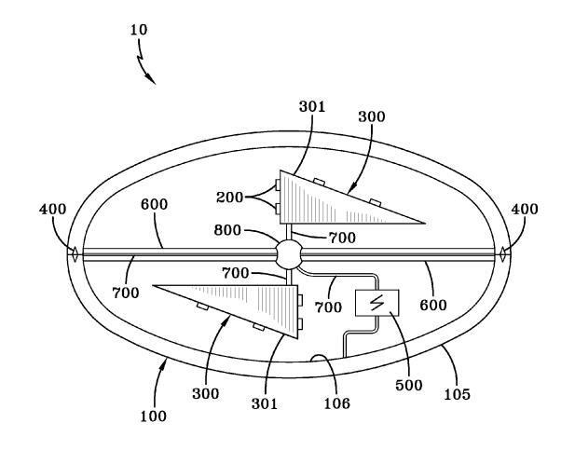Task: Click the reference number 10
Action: coord(139,30)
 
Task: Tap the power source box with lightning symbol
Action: coord(377,303)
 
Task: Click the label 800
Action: coord(227,230)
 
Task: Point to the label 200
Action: coord(229,198)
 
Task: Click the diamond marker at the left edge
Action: coord(75,254)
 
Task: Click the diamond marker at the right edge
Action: coord(502,254)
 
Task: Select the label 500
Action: coord(409,385)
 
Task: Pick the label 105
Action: coord(457,394)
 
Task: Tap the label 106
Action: coord(337,403)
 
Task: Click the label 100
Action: coord(153,416)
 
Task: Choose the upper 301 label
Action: coord(312,106)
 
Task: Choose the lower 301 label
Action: coord(265,403)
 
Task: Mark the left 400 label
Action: coord(53,210)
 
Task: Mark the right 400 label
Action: coord(525,210)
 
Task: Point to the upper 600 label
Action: coord(155,204)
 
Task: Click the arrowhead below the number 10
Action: coord(150,78)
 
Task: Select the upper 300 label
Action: coord(372,116)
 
